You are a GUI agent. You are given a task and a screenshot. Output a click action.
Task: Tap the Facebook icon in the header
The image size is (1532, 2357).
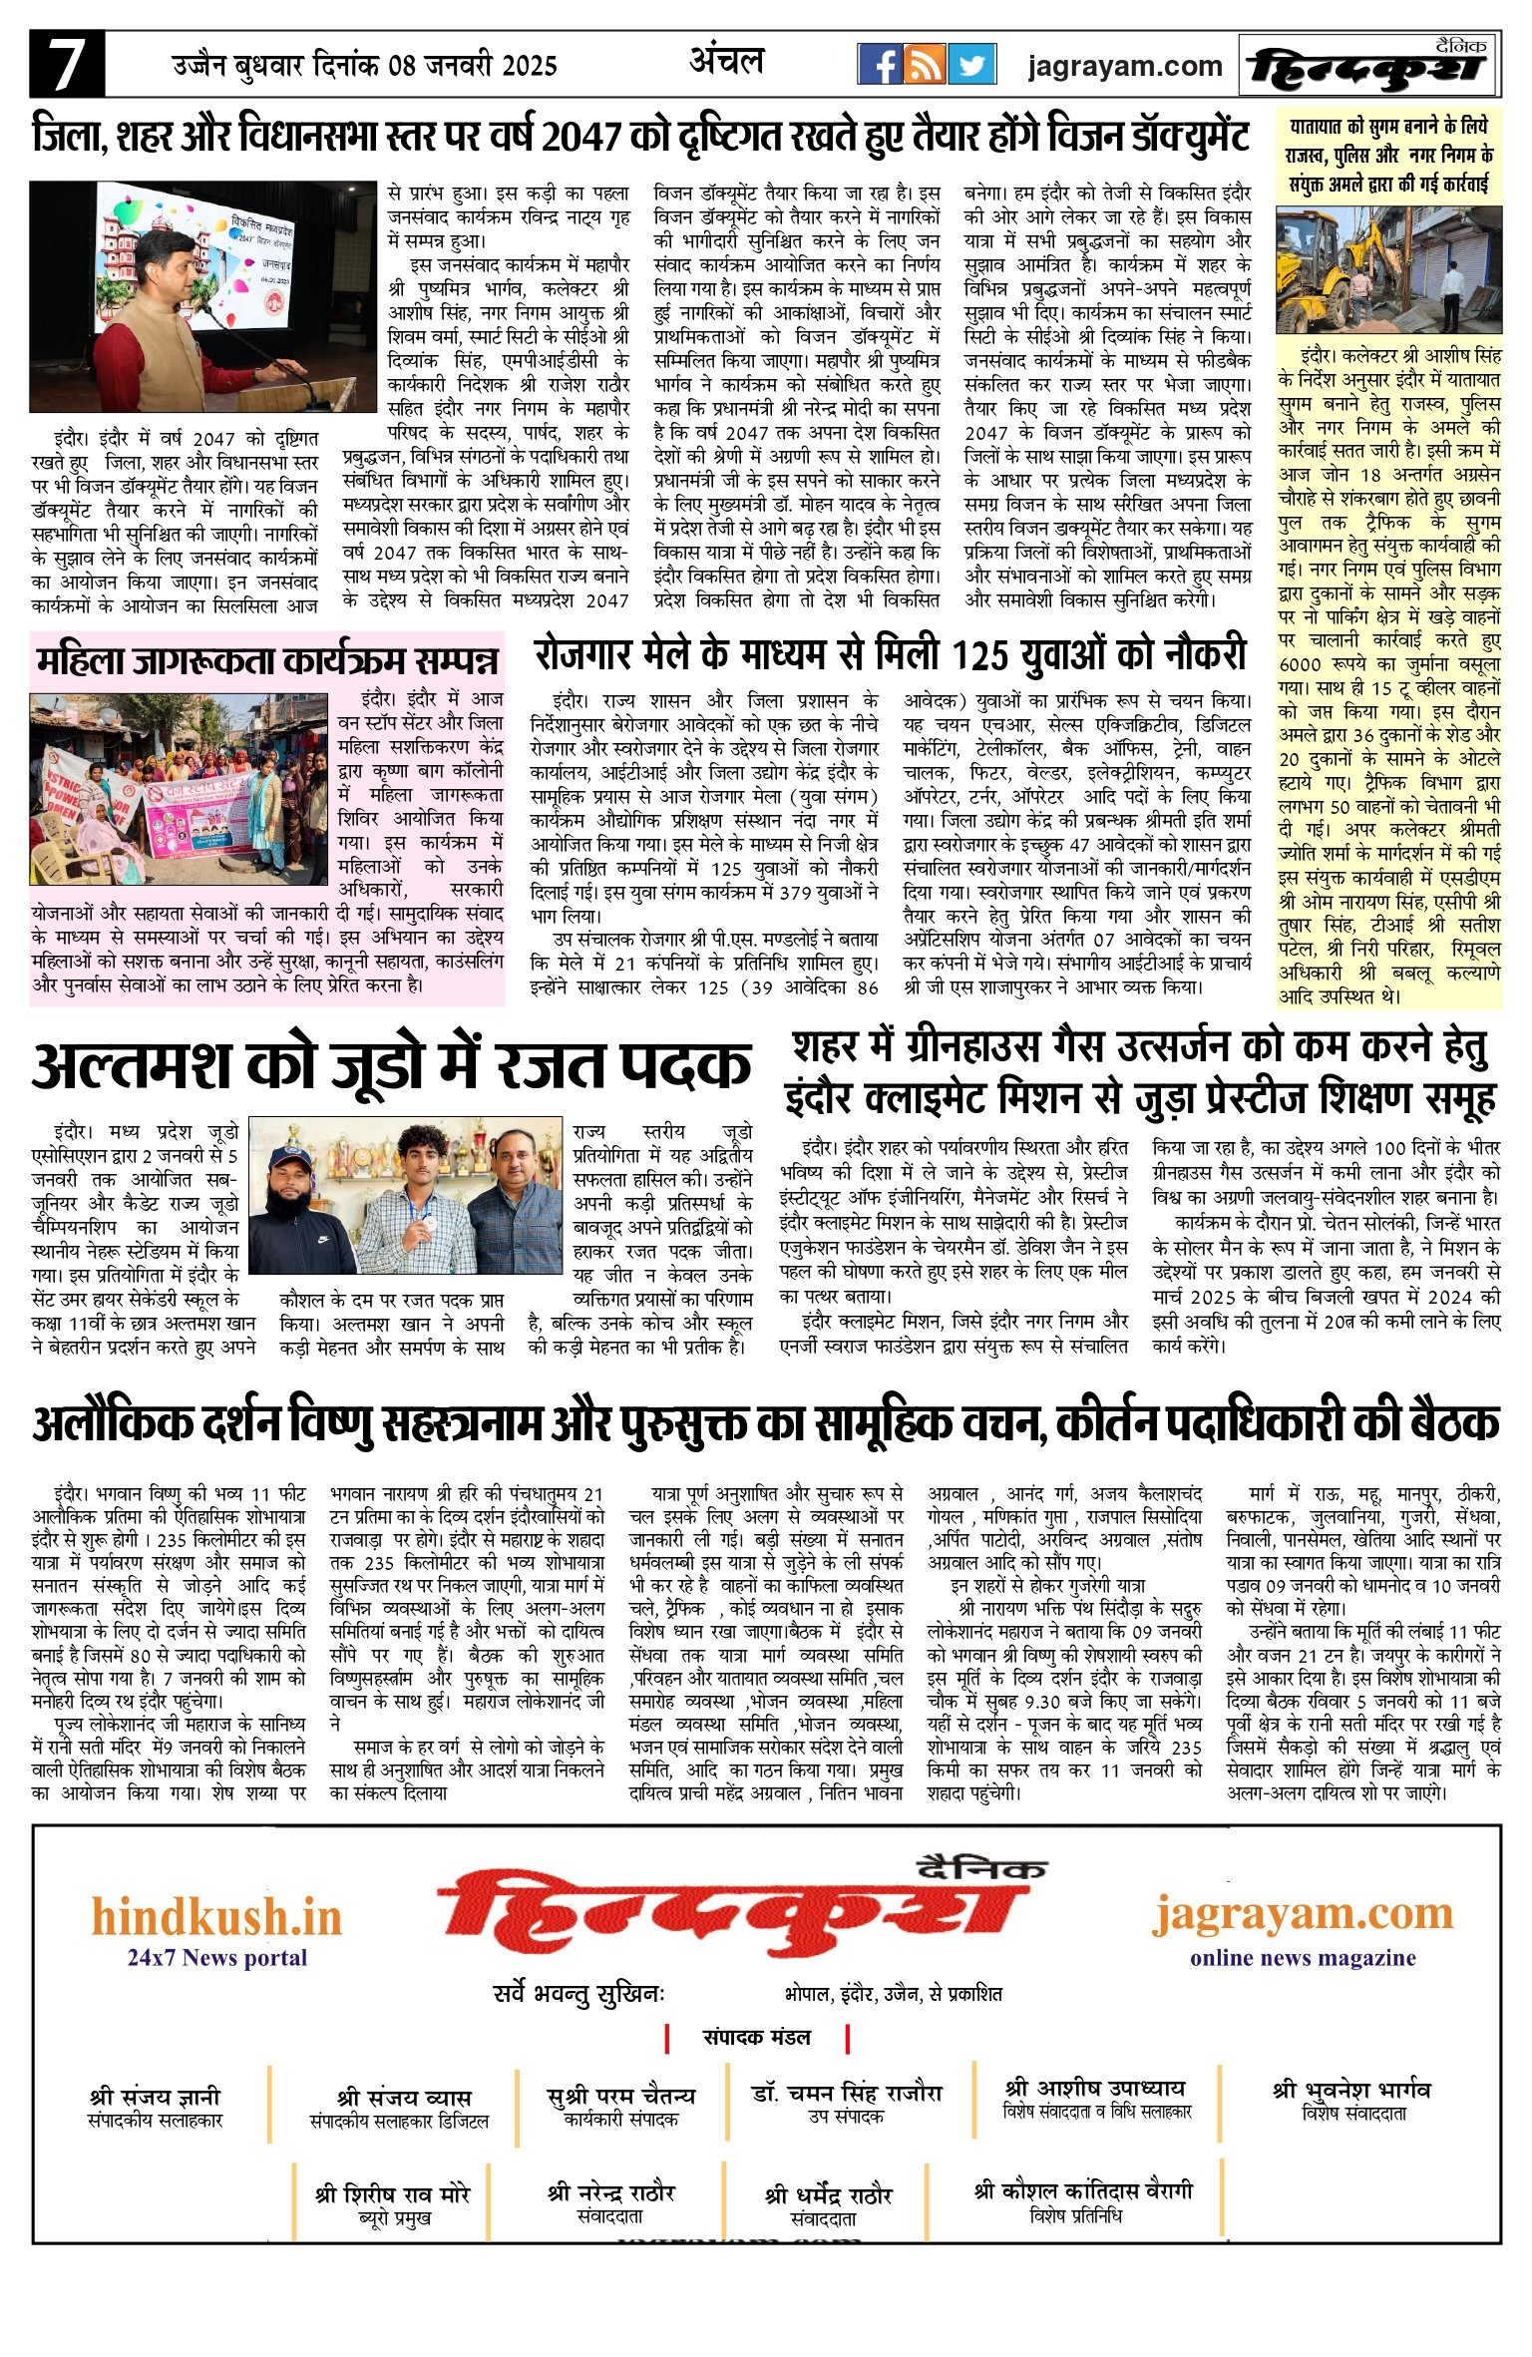click(880, 65)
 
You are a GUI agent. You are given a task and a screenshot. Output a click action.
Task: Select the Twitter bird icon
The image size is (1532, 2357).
click(970, 65)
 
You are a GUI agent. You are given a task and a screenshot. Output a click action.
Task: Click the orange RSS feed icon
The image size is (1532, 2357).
click(925, 65)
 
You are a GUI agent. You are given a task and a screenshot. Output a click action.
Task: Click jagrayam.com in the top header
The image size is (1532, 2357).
click(1124, 67)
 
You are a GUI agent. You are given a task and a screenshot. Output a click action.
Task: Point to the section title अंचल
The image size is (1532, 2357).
click(726, 62)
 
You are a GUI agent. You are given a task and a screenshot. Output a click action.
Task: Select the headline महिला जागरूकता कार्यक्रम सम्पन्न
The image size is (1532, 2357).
click(266, 660)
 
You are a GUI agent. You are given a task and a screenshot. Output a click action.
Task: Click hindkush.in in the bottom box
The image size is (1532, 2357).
click(216, 1916)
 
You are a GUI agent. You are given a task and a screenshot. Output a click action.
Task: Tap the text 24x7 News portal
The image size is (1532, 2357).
click(216, 1957)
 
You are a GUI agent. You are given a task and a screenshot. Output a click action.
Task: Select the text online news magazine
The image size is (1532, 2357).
click(1302, 1957)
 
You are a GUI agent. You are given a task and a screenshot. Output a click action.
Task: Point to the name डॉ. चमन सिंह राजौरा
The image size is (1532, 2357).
click(846, 2092)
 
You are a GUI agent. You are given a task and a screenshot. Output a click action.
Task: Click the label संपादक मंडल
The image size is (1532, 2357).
click(756, 2036)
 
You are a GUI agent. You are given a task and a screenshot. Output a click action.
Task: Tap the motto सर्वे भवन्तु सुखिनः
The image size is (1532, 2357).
click(578, 1993)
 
